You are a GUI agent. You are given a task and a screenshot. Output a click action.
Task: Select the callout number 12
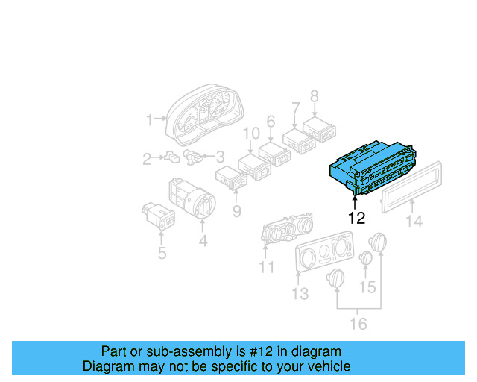pos(357,219)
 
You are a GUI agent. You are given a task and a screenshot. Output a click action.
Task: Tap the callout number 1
pos(150,119)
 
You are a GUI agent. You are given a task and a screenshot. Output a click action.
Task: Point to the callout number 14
pos(413,221)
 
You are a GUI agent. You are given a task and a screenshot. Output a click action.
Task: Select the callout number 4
pos(203,241)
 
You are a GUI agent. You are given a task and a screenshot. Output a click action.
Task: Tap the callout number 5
pos(161,254)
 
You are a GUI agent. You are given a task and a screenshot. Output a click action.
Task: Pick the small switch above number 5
pos(159,215)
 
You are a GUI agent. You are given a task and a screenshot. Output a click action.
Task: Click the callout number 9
pos(236,211)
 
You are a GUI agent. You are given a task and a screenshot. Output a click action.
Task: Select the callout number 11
pos(266,266)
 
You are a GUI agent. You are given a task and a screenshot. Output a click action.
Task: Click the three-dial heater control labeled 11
pos(287,231)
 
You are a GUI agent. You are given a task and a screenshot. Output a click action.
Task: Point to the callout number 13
pos(300,294)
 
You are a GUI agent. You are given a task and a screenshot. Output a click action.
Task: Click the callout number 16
pos(358,323)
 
